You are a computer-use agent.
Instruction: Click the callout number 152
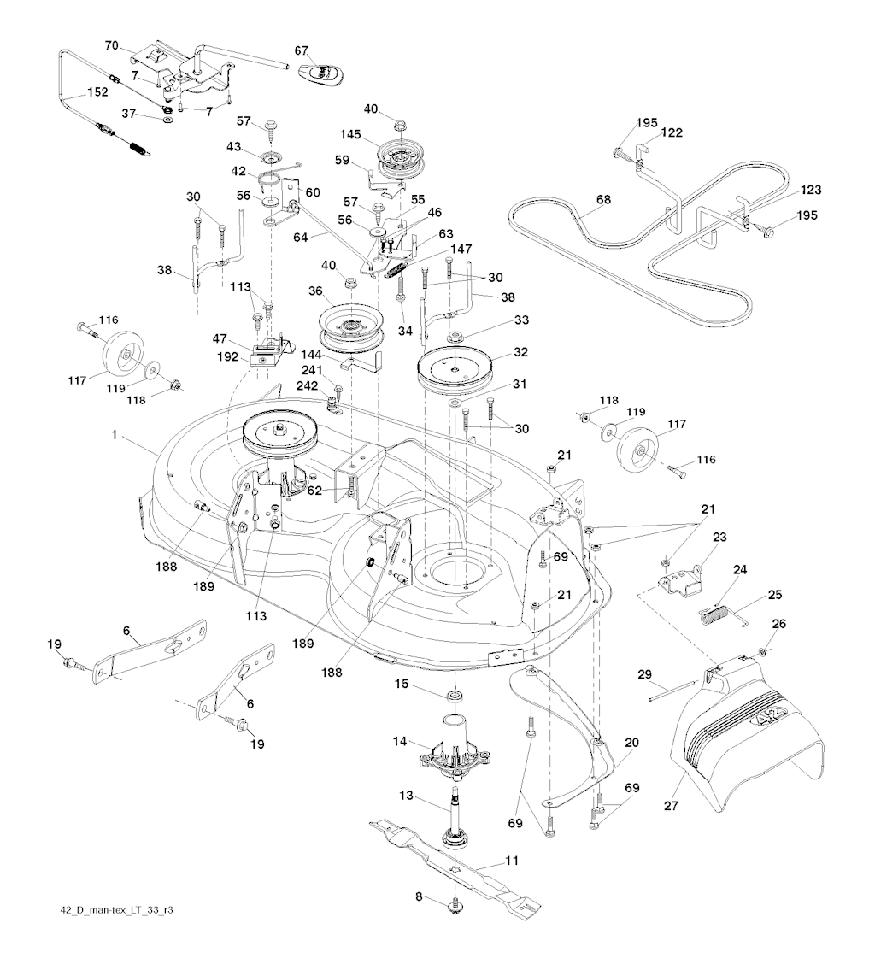click(x=96, y=92)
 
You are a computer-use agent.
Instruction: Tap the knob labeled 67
click(x=324, y=73)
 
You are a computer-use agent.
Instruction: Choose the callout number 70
click(x=112, y=45)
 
